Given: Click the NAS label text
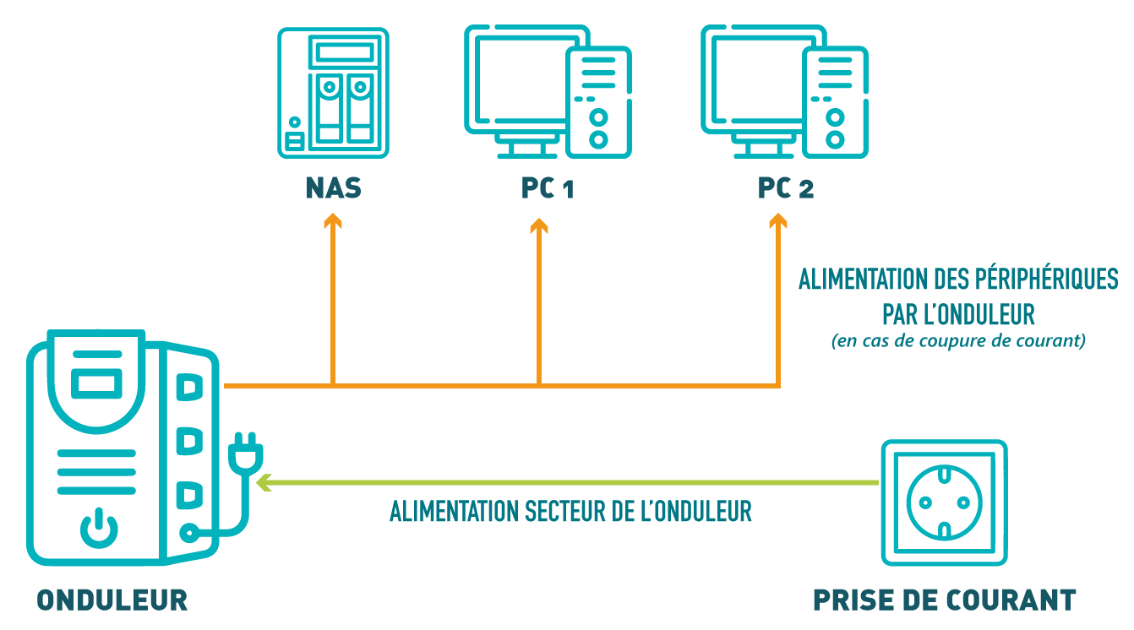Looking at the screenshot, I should pyautogui.click(x=333, y=188).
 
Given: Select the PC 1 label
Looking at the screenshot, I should pyautogui.click(x=548, y=188).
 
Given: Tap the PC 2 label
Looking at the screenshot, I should pyautogui.click(x=785, y=188).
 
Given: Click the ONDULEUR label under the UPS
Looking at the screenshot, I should pyautogui.click(x=112, y=600).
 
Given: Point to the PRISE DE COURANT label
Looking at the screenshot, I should pyautogui.click(x=944, y=600).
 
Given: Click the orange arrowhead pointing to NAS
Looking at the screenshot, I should pyautogui.click(x=333, y=221).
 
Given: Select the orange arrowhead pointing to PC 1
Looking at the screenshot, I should pyautogui.click(x=539, y=225).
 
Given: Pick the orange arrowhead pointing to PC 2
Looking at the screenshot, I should pyautogui.click(x=778, y=221).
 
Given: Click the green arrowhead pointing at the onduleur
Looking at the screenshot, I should pyautogui.click(x=264, y=482).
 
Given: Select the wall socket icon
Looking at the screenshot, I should pyautogui.click(x=944, y=502).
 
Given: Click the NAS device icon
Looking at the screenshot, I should pyautogui.click(x=333, y=93).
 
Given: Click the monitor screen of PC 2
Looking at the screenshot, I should pyautogui.click(x=752, y=80).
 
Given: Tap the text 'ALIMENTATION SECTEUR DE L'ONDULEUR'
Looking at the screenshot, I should pyautogui.click(x=570, y=512).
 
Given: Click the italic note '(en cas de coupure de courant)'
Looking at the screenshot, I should pyautogui.click(x=958, y=342).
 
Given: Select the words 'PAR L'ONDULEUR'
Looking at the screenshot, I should pyautogui.click(x=958, y=315).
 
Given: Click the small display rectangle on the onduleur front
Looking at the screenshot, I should pyautogui.click(x=95, y=383).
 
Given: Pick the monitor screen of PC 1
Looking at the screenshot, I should pyautogui.click(x=515, y=80).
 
